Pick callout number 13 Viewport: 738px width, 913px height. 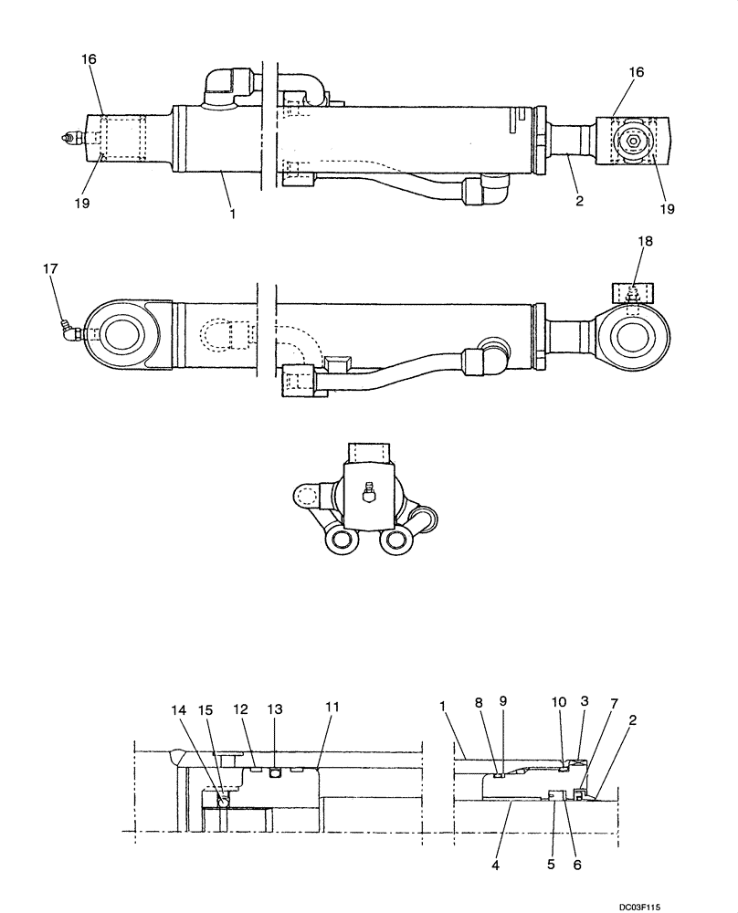tap(275, 709)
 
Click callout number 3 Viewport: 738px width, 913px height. tap(585, 701)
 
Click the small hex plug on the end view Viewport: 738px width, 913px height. tap(368, 493)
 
